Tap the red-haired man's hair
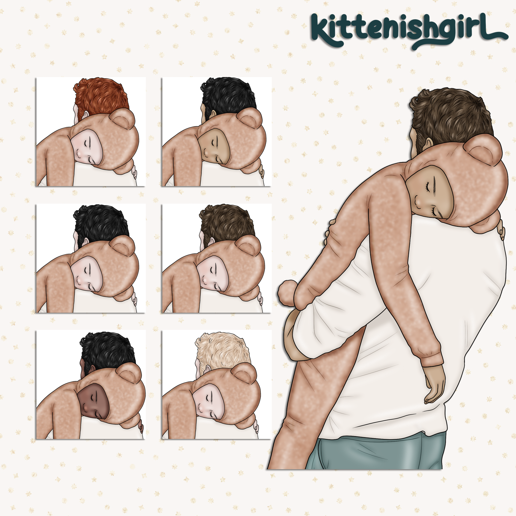click(100, 96)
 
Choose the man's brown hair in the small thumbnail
click(227, 224)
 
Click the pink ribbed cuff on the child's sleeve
click(432, 358)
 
